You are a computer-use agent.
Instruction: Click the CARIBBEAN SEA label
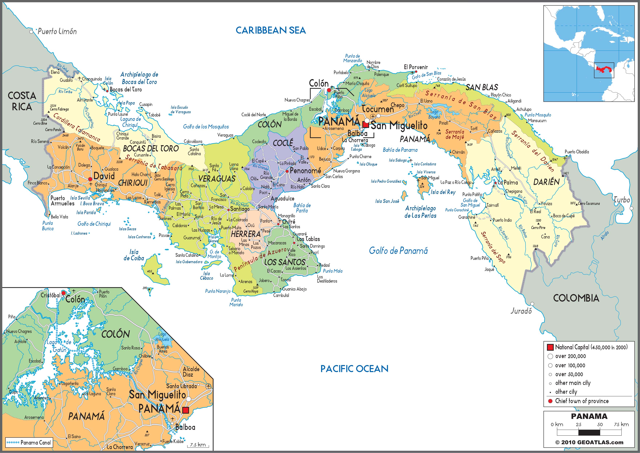click(271, 30)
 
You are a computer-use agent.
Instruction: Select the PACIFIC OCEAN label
click(354, 369)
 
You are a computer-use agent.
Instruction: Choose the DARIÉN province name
click(546, 182)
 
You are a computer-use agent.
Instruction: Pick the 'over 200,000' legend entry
click(570, 356)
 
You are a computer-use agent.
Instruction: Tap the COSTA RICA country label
click(22, 101)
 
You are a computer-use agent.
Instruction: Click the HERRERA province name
click(246, 234)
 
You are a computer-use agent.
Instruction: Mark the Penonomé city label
click(305, 171)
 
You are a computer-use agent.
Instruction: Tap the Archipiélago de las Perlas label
click(420, 212)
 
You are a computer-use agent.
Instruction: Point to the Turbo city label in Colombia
click(622, 200)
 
